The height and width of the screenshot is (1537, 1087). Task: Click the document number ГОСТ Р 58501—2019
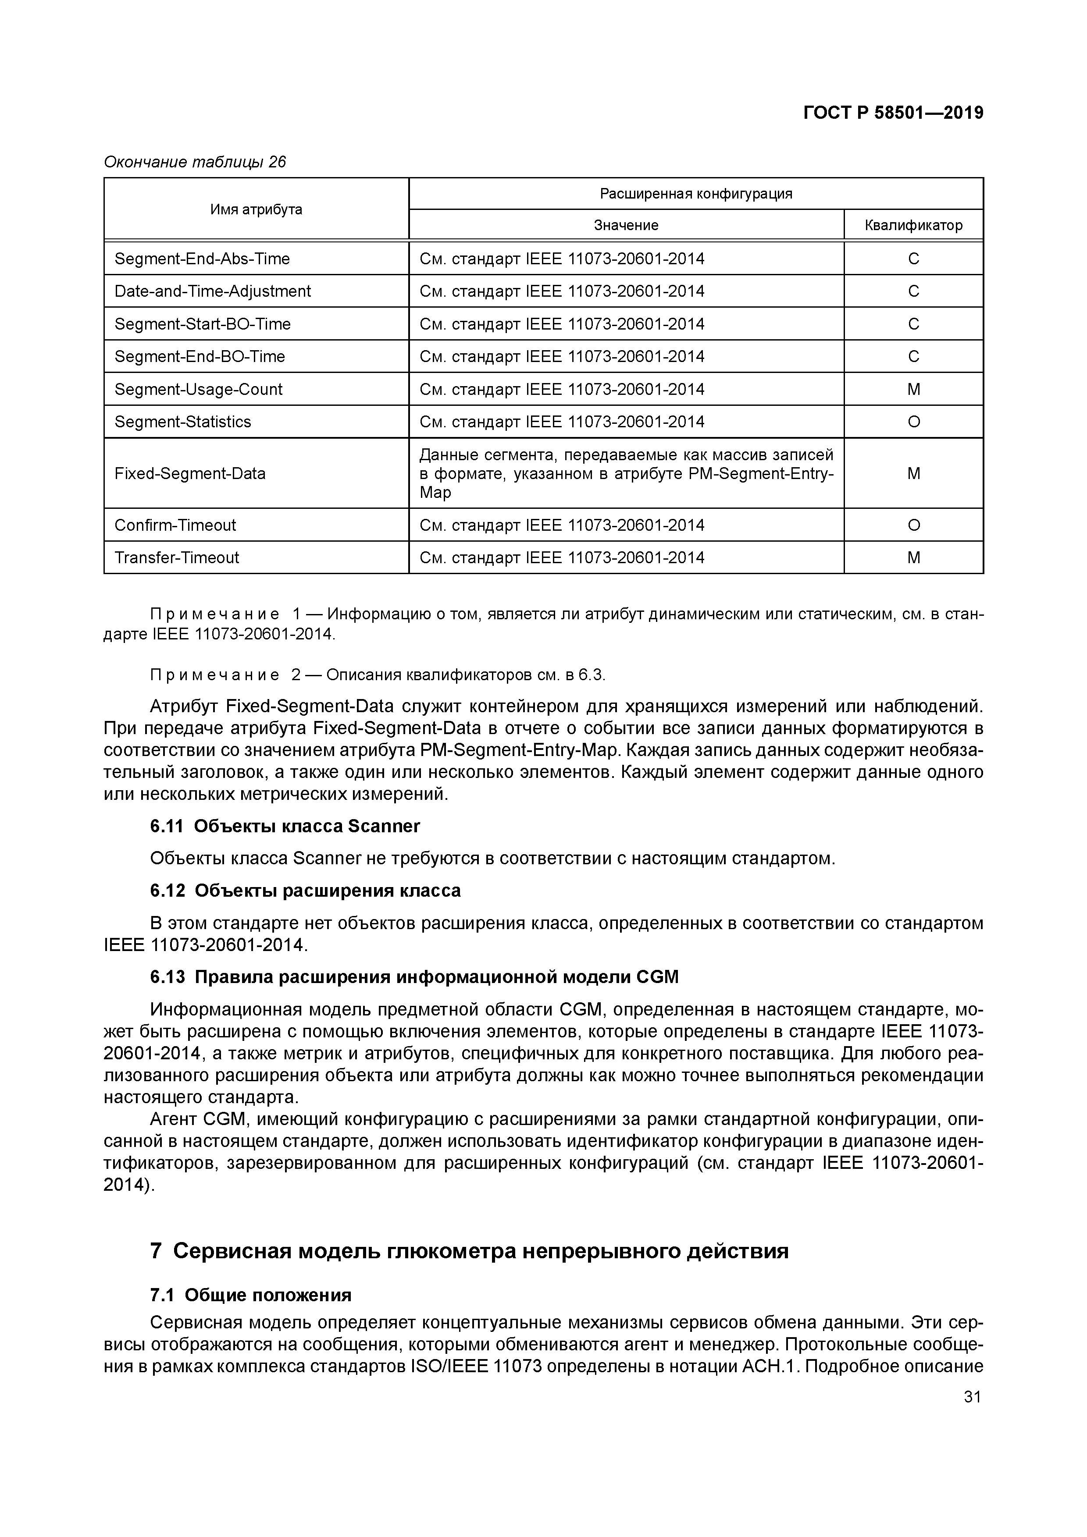click(893, 113)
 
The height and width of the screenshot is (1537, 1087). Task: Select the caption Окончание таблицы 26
click(194, 162)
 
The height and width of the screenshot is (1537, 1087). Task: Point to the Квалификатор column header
click(913, 225)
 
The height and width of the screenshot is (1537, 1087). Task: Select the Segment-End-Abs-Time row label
click(202, 259)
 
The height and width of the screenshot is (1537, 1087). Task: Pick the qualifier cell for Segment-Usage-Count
click(913, 390)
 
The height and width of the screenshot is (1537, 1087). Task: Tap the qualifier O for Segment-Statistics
click(913, 422)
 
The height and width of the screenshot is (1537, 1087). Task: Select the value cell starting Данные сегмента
click(626, 473)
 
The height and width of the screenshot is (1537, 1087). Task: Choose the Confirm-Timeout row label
click(175, 525)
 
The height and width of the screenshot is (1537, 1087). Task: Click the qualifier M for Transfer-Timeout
click(913, 557)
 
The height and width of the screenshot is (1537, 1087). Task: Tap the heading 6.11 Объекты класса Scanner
click(285, 827)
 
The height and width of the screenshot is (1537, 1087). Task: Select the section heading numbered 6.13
click(414, 977)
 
